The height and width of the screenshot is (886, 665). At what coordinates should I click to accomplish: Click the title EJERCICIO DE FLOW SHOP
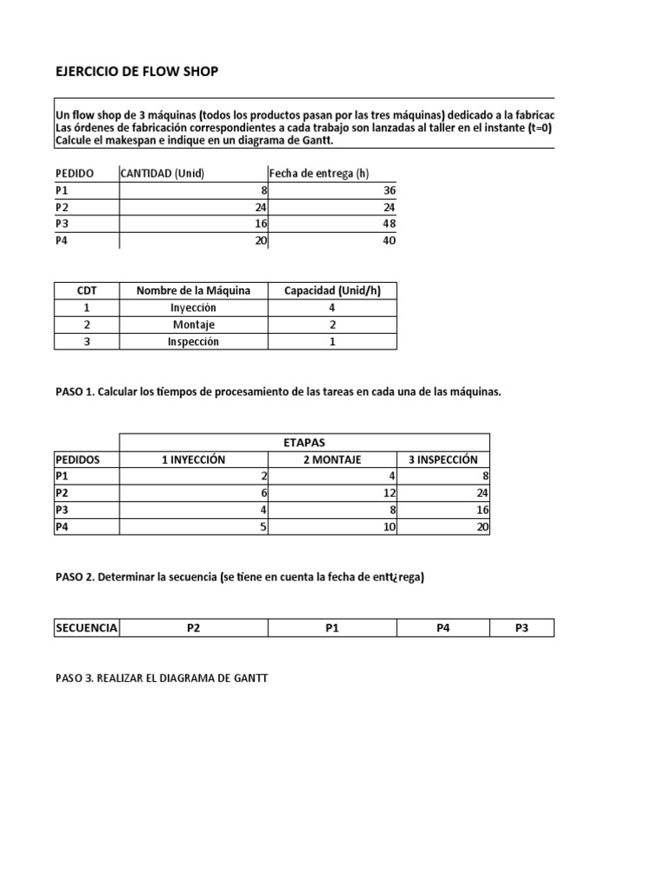[x=137, y=71]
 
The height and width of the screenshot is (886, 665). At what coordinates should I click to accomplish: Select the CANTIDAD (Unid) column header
[x=163, y=173]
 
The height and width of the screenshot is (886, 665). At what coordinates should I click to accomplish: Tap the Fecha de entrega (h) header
[x=319, y=173]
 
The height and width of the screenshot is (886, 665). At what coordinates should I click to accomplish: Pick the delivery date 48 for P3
[x=389, y=224]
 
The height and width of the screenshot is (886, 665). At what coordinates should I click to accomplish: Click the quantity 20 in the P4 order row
[x=261, y=241]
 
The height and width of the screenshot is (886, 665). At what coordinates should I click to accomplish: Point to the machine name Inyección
[x=193, y=307]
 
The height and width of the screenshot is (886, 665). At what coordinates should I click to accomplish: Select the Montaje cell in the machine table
[x=193, y=324]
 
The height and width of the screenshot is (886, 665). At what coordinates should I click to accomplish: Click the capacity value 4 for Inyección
[x=332, y=307]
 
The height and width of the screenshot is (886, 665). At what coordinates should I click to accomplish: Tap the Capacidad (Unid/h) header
[x=332, y=291]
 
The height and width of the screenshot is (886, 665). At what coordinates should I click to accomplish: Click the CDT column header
[x=87, y=291]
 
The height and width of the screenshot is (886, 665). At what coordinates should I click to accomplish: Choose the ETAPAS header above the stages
[x=304, y=442]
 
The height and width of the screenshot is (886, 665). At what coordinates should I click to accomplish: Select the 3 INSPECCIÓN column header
[x=442, y=459]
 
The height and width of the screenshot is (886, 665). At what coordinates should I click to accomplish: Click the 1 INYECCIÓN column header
[x=193, y=459]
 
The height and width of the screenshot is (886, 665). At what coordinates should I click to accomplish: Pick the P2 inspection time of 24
[x=482, y=493]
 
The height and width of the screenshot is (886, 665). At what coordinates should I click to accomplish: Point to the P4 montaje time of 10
[x=389, y=527]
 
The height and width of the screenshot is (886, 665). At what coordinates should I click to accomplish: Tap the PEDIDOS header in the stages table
[x=78, y=459]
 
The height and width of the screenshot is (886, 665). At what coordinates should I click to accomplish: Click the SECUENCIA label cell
[x=87, y=628]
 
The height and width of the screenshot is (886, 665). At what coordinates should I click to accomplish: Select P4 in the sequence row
[x=442, y=628]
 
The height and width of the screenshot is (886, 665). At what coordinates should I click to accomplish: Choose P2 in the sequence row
[x=193, y=628]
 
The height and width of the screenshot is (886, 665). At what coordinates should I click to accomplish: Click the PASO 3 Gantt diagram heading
[x=162, y=678]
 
